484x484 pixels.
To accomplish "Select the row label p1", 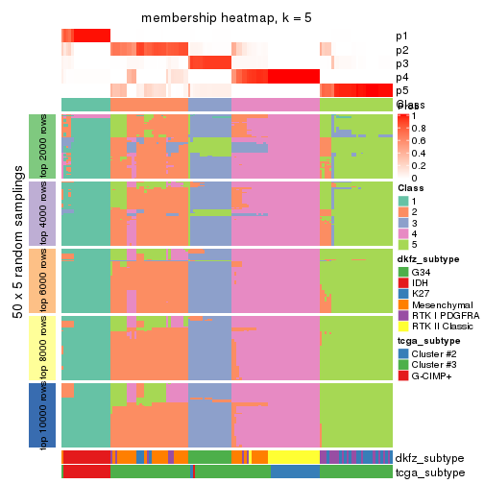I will click(401, 36).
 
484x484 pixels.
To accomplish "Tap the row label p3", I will click(401, 63).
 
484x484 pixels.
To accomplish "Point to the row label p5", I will click(401, 90).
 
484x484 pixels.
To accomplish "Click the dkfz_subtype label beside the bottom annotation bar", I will click(428, 457).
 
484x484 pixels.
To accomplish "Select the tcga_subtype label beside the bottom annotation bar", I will click(428, 472).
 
